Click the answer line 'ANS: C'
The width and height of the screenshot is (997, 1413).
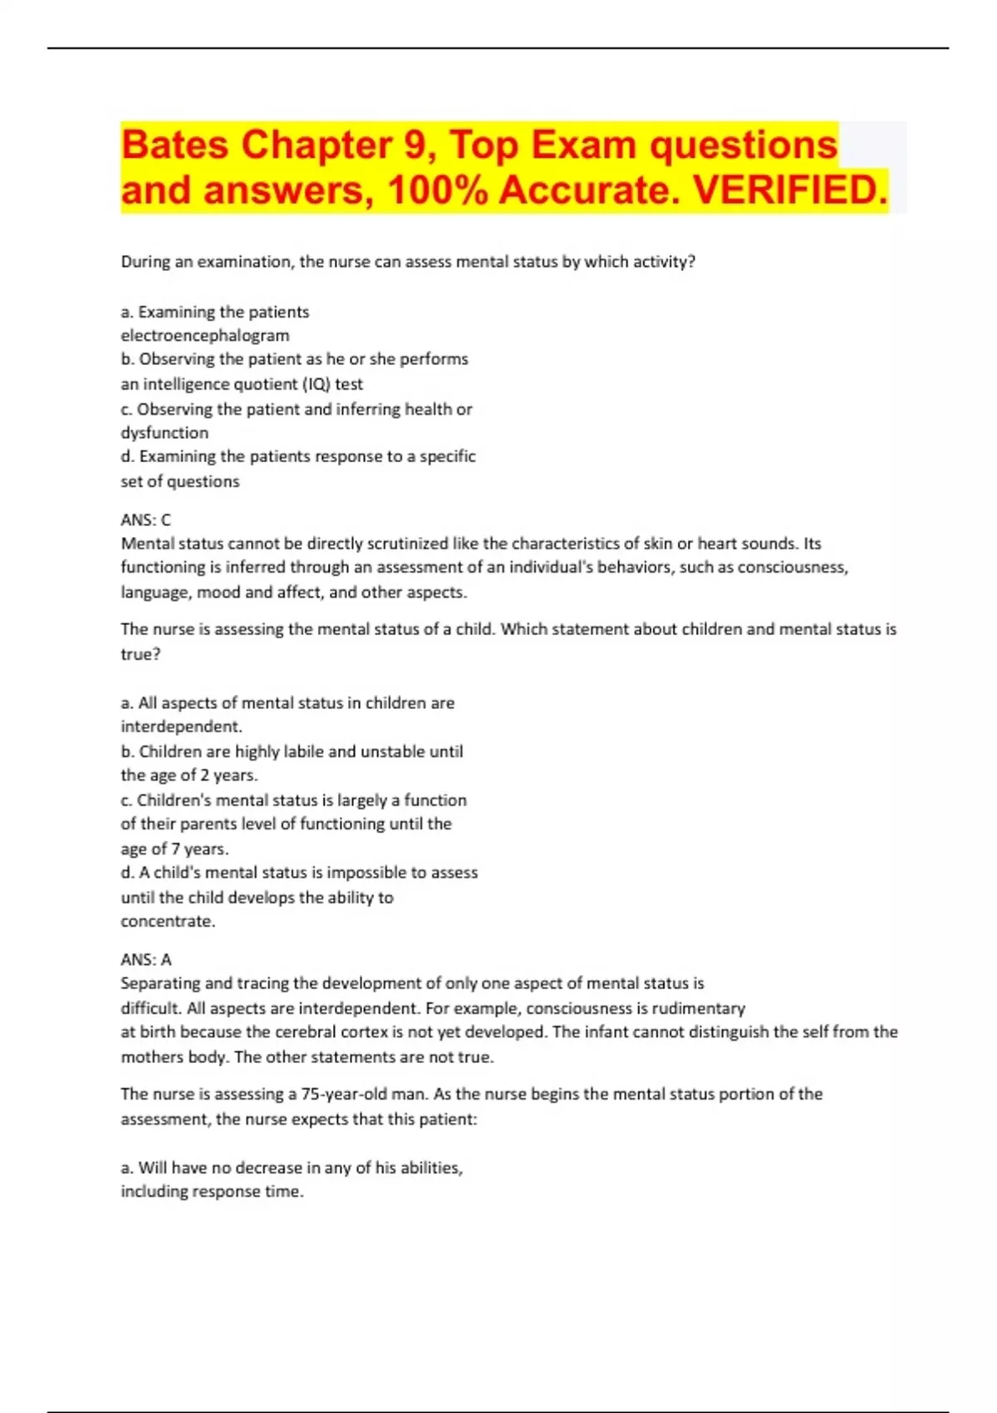(145, 520)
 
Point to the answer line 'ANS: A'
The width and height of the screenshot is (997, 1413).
(145, 960)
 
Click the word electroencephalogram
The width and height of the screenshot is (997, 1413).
(205, 336)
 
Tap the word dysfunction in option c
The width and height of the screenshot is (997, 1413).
(165, 433)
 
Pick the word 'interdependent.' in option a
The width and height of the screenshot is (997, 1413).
(181, 727)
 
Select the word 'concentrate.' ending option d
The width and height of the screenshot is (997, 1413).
(168, 922)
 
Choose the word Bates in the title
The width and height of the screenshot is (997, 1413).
(174, 145)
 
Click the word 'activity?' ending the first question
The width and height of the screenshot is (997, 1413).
(664, 263)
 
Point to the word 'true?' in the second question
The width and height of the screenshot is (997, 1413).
(140, 655)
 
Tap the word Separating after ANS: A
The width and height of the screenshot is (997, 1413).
(160, 984)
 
